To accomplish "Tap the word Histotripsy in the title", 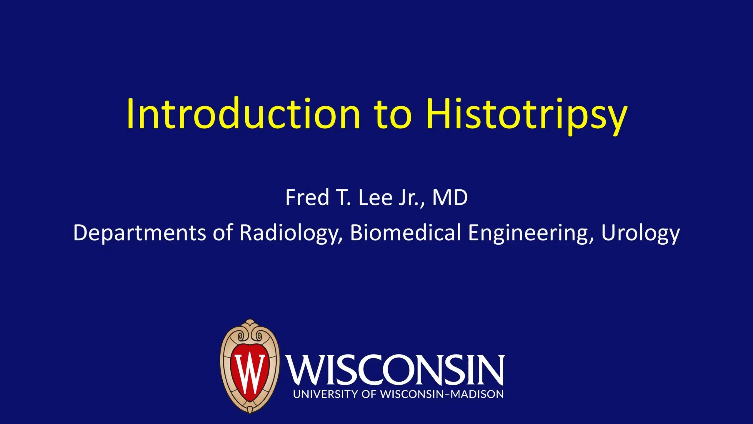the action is tap(527, 116).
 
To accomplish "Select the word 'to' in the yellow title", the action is tap(392, 115).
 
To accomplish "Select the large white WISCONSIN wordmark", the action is tap(396, 370).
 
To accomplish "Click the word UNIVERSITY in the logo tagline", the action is tap(325, 394).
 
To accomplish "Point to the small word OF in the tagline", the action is tap(369, 394).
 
